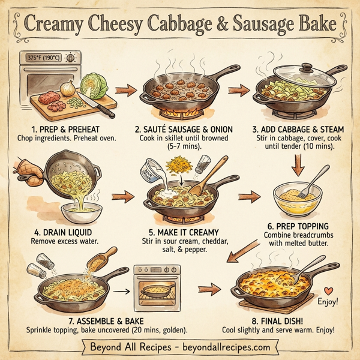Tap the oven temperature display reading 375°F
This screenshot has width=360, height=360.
[44, 58]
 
